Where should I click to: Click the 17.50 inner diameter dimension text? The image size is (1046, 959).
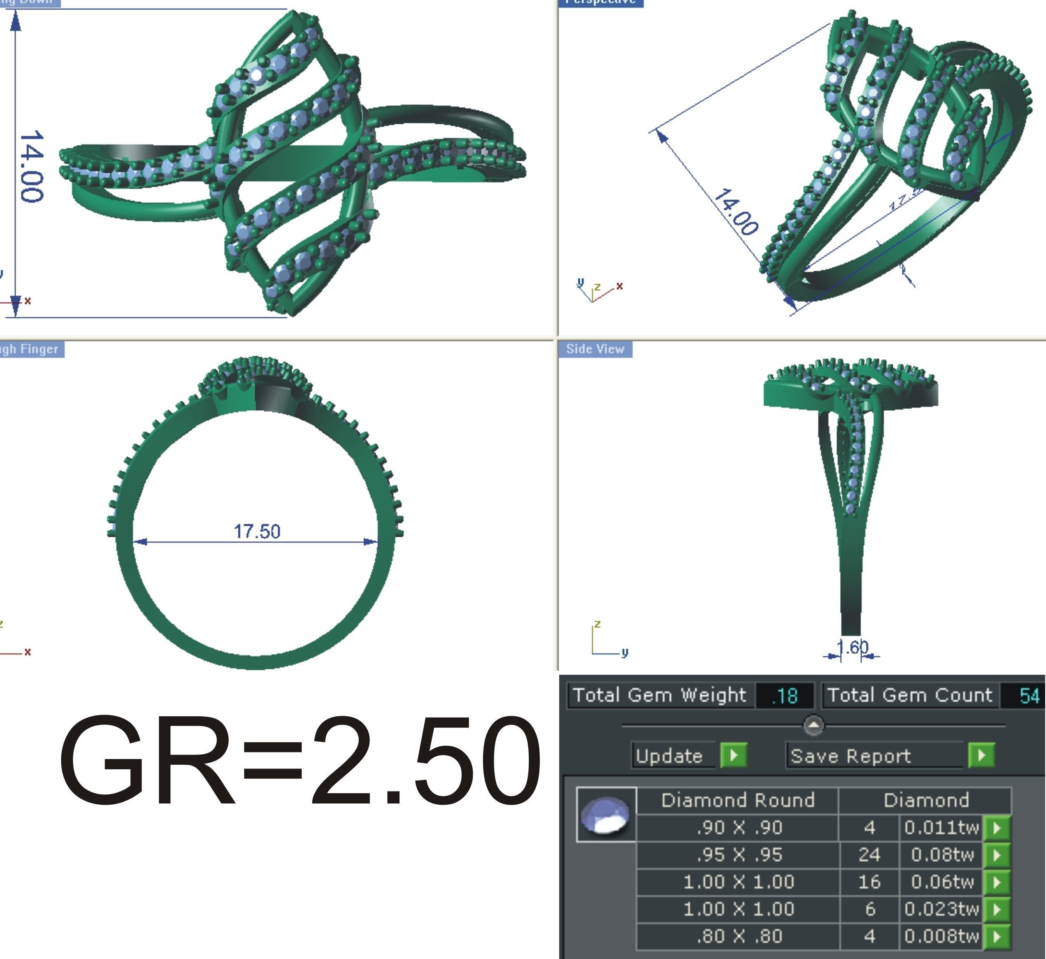point(256,532)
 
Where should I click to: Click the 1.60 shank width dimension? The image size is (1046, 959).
point(852,647)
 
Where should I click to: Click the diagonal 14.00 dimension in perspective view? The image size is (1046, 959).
point(736,212)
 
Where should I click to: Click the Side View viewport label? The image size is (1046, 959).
point(595,349)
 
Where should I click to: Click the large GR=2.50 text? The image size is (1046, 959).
point(300,760)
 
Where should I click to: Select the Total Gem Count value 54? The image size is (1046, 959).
point(1029,695)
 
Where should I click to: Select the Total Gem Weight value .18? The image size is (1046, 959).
point(784,695)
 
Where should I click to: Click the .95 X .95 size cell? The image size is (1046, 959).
point(738,855)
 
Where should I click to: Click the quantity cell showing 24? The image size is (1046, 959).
point(869,855)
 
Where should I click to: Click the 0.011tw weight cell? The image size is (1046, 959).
point(941,827)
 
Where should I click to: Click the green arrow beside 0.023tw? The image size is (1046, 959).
point(996,909)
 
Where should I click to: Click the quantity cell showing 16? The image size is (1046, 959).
point(869,882)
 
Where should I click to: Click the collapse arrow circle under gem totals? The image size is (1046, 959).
point(814,725)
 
